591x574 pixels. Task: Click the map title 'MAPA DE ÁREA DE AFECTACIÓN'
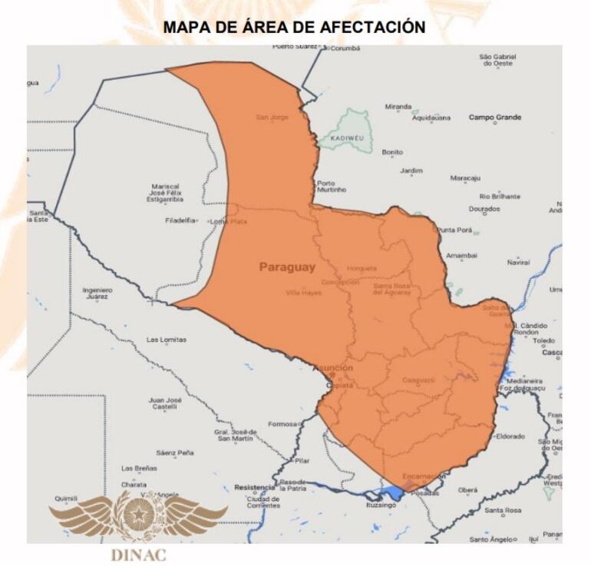click(x=295, y=27)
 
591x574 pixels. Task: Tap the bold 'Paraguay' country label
click(x=287, y=267)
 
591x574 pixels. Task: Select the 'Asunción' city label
click(x=333, y=369)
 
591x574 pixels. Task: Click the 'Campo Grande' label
click(x=494, y=118)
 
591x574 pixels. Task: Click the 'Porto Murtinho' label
click(x=332, y=186)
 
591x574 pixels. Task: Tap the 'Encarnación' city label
click(x=424, y=476)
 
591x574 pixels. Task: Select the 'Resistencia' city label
click(x=254, y=487)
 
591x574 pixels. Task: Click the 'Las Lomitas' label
click(x=167, y=340)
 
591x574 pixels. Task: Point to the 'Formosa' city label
click(x=282, y=424)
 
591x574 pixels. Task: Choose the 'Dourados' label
click(x=484, y=208)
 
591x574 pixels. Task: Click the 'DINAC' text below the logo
click(x=138, y=556)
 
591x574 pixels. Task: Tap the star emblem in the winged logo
click(x=139, y=512)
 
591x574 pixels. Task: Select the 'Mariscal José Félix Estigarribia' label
click(x=165, y=193)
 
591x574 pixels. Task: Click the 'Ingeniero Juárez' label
click(x=97, y=293)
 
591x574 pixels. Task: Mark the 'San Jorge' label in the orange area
click(x=272, y=118)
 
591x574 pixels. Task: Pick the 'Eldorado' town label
click(x=510, y=436)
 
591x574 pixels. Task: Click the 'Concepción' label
click(x=340, y=282)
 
